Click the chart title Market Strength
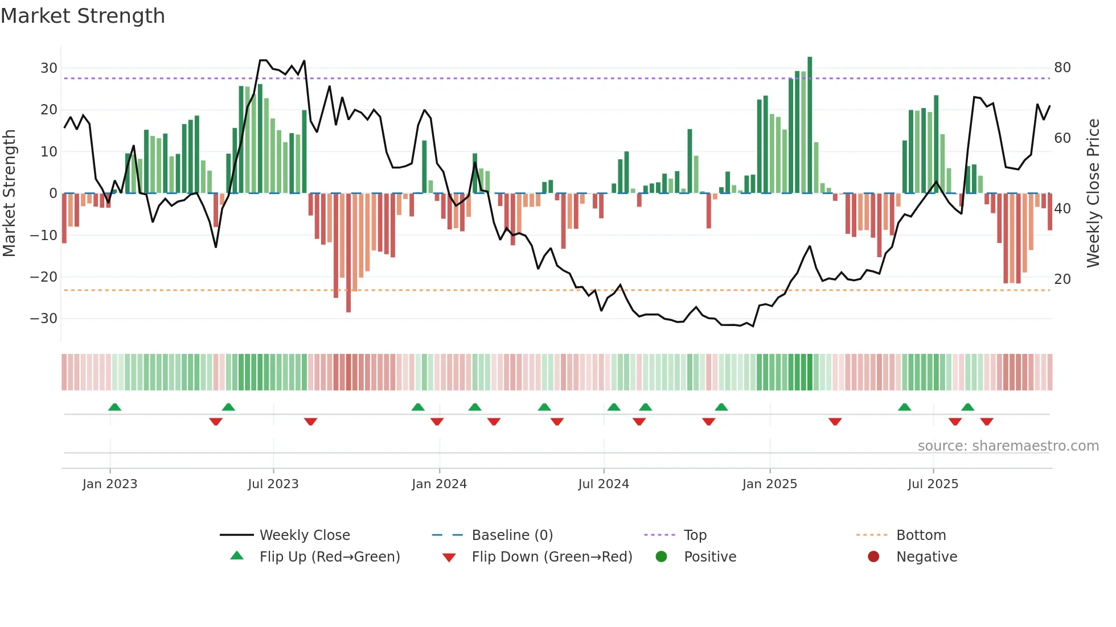[83, 16]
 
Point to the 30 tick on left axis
[49, 68]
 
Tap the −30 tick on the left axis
[44, 319]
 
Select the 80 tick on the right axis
[1062, 68]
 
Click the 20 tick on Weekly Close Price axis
[1062, 279]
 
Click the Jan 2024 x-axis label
[439, 484]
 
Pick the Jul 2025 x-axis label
[933, 484]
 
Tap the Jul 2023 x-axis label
[273, 484]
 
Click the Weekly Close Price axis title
[1093, 193]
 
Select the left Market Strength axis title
[10, 193]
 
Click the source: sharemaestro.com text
[1008, 446]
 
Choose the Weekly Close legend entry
[304, 535]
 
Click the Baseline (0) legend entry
[512, 535]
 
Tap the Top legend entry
[695, 535]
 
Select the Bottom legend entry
[921, 535]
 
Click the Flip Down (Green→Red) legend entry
[551, 557]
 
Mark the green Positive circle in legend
[661, 557]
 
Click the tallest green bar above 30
[810, 125]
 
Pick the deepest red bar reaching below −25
[348, 253]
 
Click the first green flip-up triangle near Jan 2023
[114, 407]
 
